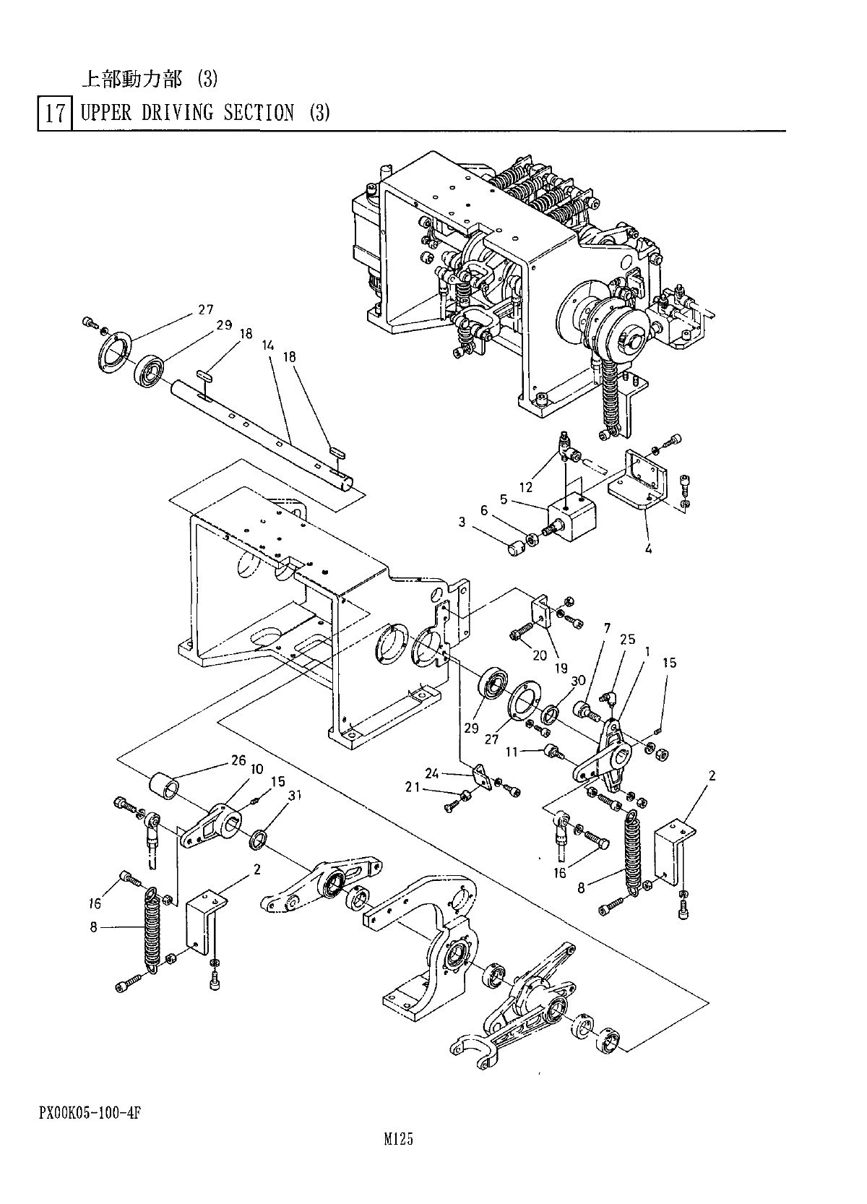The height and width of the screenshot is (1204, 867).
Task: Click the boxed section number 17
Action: tap(55, 114)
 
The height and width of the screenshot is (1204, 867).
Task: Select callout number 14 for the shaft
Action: tap(268, 346)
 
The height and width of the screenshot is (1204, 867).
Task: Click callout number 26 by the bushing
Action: tap(238, 760)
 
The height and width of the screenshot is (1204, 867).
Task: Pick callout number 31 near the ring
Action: tap(294, 796)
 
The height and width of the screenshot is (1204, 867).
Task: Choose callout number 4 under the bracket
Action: tap(648, 549)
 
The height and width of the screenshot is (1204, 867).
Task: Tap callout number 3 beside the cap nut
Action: tap(462, 523)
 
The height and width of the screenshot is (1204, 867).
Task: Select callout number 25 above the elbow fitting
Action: tap(628, 640)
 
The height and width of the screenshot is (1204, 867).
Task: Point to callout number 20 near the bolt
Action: tap(539, 655)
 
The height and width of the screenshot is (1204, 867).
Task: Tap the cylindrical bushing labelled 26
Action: tap(164, 786)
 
